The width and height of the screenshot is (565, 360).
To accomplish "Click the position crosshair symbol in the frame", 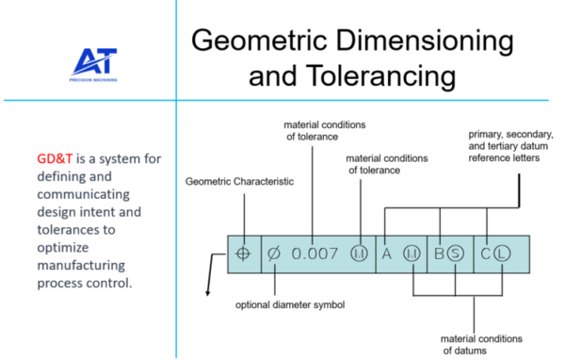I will pos(244,254).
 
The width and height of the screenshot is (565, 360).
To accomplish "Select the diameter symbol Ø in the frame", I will pos(274,254).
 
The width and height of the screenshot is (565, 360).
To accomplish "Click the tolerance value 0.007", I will pos(315,254).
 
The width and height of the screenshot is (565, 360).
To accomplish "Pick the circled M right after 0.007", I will pos(359,254).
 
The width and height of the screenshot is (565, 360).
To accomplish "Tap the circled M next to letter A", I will pos(411,254).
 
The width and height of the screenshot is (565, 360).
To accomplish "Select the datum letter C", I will pos(485,254).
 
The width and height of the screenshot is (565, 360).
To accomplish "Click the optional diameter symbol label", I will pos(290,305).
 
